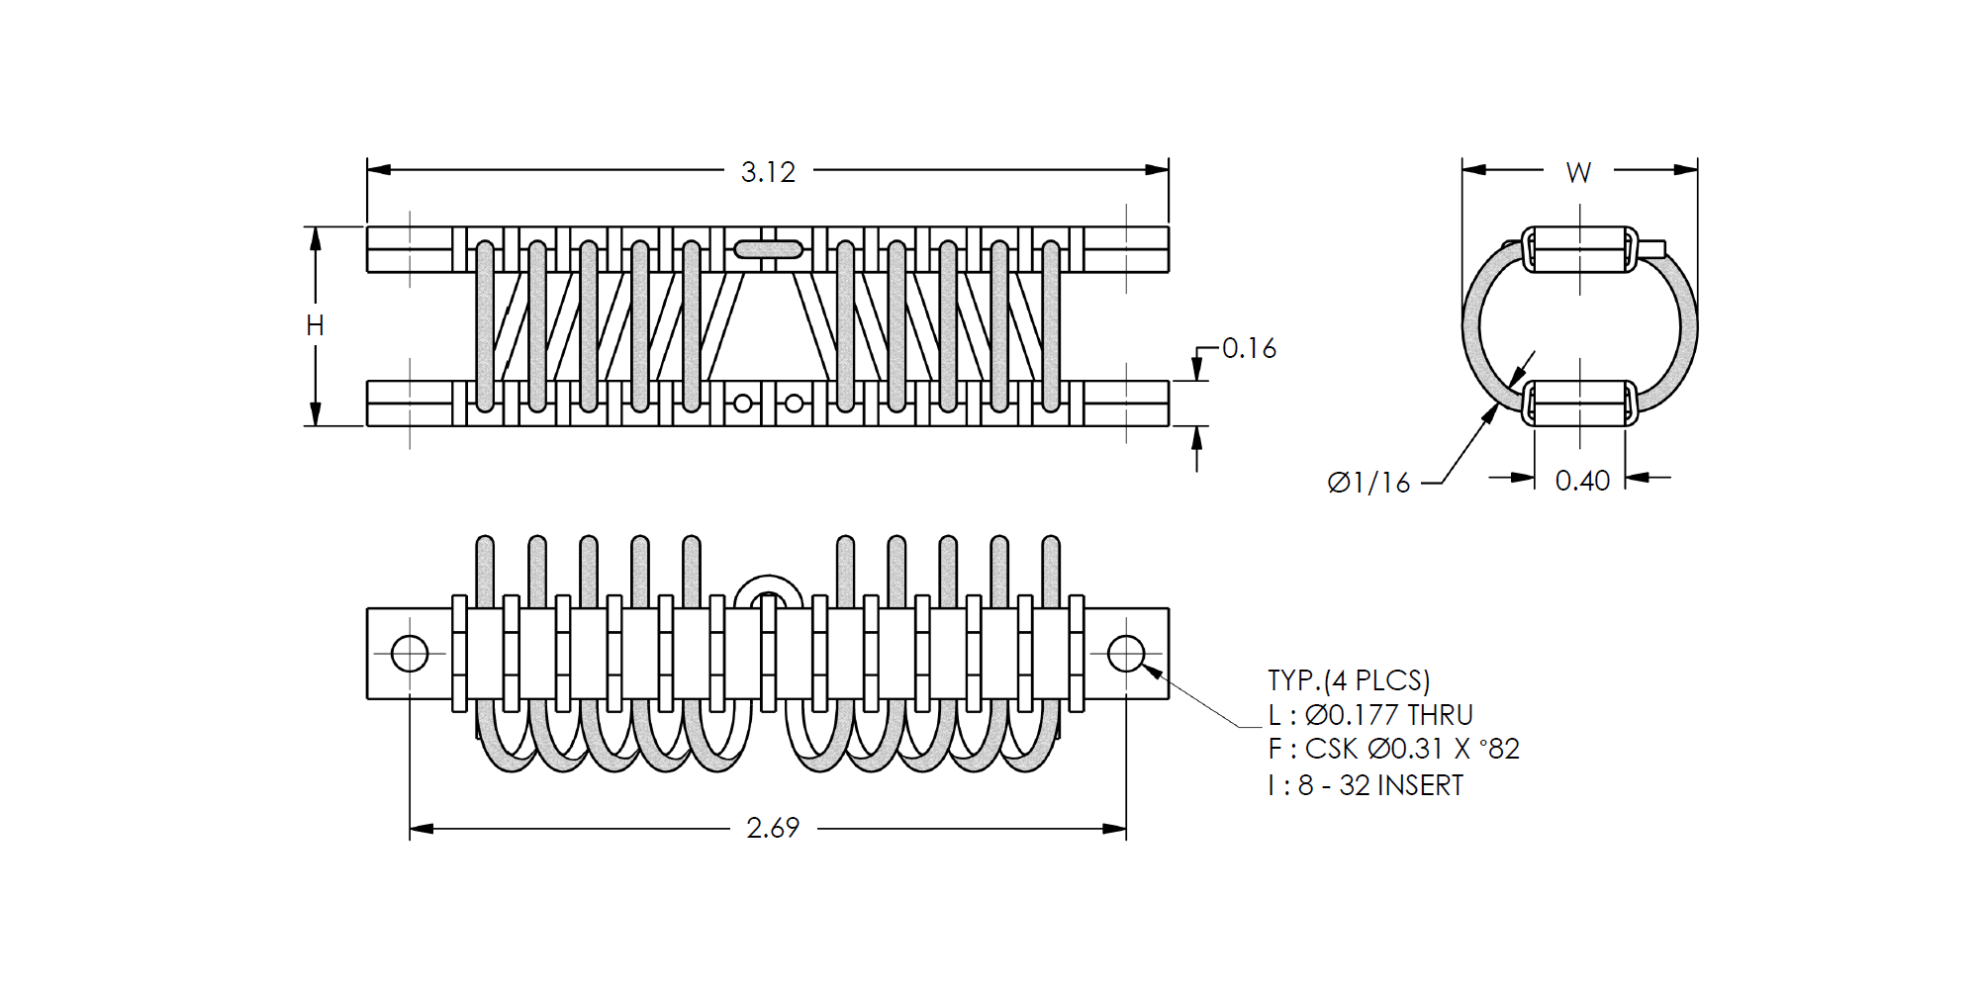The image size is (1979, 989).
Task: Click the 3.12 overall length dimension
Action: (x=768, y=172)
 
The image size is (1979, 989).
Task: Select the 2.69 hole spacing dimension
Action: (x=773, y=828)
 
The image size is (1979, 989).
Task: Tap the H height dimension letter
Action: (x=315, y=325)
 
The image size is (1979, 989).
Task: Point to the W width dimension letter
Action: (x=1578, y=173)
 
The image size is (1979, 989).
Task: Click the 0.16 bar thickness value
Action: (x=1249, y=348)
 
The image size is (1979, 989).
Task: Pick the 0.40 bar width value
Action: (x=1582, y=481)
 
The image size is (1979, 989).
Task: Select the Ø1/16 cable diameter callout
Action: (x=1368, y=483)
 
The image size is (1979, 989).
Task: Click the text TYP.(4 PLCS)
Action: (x=1349, y=680)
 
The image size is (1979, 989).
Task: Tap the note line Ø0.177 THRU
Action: (x=1389, y=715)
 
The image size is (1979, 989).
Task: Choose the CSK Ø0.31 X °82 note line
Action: (x=1412, y=749)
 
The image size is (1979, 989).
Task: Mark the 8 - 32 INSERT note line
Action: (x=1380, y=785)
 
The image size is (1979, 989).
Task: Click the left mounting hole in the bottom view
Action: (x=410, y=654)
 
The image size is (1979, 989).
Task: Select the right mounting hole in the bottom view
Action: (x=1126, y=654)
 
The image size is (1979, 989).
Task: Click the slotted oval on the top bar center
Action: (x=768, y=249)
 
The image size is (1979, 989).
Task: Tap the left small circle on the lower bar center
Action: (x=743, y=404)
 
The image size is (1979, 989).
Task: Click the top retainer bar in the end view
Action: (x=1579, y=249)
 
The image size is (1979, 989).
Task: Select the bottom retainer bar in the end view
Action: (x=1579, y=404)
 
